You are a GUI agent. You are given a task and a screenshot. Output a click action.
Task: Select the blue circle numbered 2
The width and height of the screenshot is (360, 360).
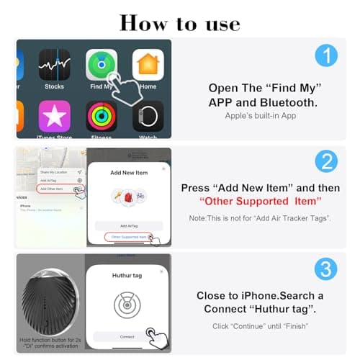pos(325,163)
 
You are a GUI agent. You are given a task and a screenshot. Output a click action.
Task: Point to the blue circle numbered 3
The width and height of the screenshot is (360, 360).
pos(325,269)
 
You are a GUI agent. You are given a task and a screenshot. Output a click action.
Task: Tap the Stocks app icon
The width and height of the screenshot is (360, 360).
pos(54,66)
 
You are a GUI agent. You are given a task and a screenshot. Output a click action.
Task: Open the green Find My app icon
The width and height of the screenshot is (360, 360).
pos(100,66)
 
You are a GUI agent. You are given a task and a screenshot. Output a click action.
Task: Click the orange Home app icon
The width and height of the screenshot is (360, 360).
pos(148,66)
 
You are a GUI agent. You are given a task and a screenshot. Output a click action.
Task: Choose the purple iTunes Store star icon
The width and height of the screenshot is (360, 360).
pos(54,116)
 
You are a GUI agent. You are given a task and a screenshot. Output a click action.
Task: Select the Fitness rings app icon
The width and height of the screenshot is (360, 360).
pos(101,116)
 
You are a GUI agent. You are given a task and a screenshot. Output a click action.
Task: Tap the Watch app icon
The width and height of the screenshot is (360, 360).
pos(148,116)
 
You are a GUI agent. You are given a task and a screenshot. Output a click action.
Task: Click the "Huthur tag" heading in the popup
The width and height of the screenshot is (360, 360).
pos(126,276)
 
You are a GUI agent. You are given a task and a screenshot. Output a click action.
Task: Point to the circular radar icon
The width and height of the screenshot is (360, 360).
pos(127,305)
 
